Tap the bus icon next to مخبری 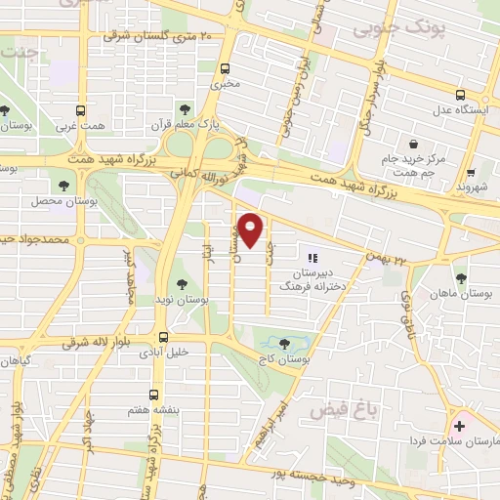point(226,68)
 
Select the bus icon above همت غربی point(82,110)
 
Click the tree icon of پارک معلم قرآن point(180,107)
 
